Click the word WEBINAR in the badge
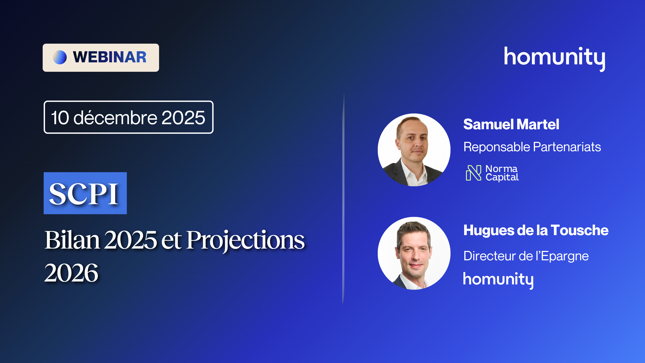110,57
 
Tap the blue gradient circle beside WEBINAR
60,57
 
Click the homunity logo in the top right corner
555,59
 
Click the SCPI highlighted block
85,193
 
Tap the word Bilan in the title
72,240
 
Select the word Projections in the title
245,241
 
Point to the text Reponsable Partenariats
532,147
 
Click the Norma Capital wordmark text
502,173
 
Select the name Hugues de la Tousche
536,230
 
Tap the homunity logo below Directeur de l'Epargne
498,280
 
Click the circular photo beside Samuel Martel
414,150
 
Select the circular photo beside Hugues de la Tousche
414,253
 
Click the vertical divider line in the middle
343,198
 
